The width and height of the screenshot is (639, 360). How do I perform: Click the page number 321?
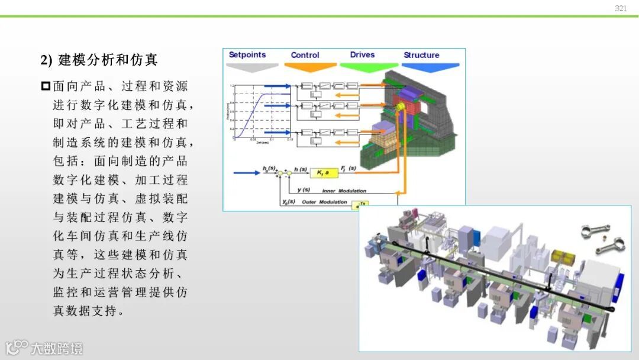point(621,8)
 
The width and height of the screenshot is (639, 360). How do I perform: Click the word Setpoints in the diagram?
point(247,55)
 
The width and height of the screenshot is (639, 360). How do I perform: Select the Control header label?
point(305,55)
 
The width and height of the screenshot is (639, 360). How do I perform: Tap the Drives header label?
point(362,55)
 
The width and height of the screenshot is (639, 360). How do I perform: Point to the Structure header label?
point(421,55)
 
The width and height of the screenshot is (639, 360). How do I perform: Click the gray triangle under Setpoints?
point(253,67)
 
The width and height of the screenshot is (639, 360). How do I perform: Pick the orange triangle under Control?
point(310,67)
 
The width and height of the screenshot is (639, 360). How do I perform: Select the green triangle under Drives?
point(369,67)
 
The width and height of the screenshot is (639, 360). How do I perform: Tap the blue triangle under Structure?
point(430,67)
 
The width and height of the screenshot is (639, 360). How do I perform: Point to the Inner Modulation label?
point(344,191)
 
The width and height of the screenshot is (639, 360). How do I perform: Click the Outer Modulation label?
point(325,202)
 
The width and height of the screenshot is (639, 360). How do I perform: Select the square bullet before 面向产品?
point(46,86)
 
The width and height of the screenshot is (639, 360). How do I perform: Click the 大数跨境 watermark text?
point(57,348)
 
